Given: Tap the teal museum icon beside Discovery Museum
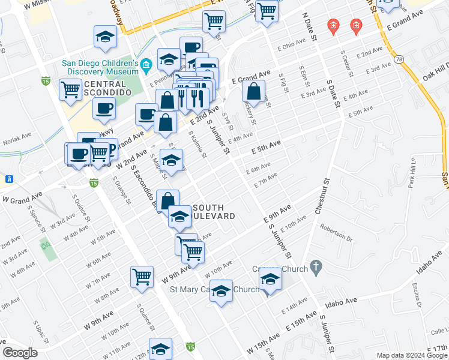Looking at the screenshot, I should pyautogui.click(x=146, y=64).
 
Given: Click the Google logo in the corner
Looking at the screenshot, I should pyautogui.click(x=20, y=352).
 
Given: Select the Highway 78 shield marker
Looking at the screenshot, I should pyautogui.click(x=399, y=58).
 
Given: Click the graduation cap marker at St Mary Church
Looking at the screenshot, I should pyautogui.click(x=221, y=291).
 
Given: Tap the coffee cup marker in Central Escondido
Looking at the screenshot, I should pyautogui.click(x=104, y=109).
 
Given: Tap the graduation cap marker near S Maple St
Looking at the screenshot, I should pyautogui.click(x=171, y=160).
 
